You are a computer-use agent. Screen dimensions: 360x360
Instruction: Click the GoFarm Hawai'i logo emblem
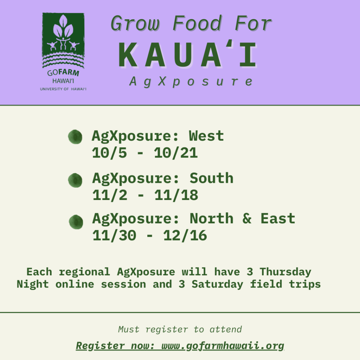click(63, 40)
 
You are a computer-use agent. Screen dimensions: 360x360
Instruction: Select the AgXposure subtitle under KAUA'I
click(191, 82)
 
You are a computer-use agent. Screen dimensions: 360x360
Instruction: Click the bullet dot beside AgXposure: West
click(75, 137)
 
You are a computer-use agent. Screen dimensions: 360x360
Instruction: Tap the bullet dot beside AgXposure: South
click(75, 180)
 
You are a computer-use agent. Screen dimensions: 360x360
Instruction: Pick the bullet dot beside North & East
click(76, 222)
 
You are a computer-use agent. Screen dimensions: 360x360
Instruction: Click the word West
click(206, 136)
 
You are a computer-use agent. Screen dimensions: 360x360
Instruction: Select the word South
click(211, 178)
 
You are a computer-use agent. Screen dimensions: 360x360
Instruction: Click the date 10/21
click(176, 153)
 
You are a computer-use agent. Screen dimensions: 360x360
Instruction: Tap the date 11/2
click(110, 195)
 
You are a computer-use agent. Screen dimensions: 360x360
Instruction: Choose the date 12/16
click(185, 236)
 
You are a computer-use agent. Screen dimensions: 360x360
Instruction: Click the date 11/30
click(114, 236)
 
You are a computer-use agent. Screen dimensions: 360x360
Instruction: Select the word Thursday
click(285, 272)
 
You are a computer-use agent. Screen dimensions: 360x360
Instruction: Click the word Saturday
click(217, 284)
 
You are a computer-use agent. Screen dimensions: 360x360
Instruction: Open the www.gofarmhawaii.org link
click(223, 346)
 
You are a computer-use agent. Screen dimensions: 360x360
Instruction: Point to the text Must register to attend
click(180, 329)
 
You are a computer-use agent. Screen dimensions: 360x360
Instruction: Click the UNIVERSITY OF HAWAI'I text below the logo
click(63, 89)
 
